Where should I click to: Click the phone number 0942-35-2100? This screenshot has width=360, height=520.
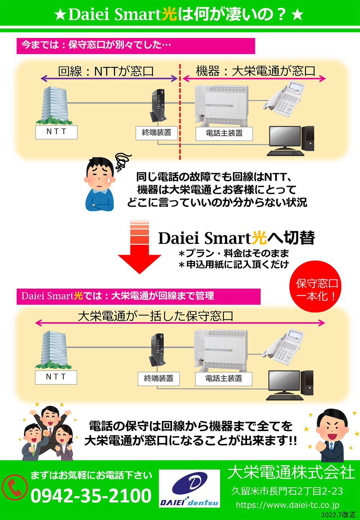click(91, 496)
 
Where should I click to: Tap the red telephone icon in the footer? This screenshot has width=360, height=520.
click(15, 487)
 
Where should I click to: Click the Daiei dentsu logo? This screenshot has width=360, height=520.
click(189, 488)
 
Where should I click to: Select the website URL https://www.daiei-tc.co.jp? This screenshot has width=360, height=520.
click(287, 505)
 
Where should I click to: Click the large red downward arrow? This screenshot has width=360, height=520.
click(140, 248)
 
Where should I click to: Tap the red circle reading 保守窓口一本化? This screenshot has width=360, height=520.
click(316, 287)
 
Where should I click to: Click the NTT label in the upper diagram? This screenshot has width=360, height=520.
click(57, 132)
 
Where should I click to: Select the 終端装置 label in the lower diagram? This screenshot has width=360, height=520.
click(158, 378)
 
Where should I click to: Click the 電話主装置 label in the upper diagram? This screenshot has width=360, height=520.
click(224, 133)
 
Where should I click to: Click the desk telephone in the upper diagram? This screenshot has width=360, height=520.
click(284, 101)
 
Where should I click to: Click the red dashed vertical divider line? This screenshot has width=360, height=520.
click(180, 112)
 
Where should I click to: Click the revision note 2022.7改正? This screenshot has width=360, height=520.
click(338, 515)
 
